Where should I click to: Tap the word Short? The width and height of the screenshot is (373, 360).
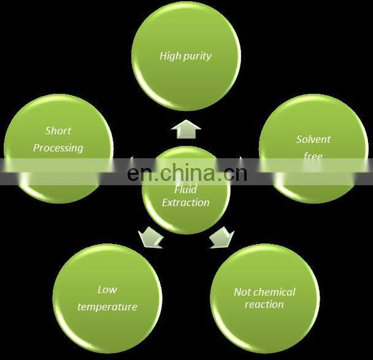(58, 131)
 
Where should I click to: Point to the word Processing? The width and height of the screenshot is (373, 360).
(58, 148)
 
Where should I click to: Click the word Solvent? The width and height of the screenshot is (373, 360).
(313, 139)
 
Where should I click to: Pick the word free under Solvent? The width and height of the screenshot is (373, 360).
(313, 156)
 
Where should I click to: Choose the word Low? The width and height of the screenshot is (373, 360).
(107, 289)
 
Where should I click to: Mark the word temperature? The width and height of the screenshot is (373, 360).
(107, 307)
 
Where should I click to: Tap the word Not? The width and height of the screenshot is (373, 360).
(242, 292)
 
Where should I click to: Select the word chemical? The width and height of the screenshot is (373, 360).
(274, 292)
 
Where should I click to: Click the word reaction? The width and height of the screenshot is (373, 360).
(264, 304)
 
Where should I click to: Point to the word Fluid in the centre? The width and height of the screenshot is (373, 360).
(185, 190)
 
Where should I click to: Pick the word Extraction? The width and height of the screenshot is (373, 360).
(185, 202)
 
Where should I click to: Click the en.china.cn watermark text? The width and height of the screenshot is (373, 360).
(186, 173)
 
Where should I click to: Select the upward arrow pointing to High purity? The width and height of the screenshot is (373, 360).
(186, 129)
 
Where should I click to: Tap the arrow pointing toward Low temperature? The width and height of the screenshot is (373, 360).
(150, 237)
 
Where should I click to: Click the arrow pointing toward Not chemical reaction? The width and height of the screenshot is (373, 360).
(221, 237)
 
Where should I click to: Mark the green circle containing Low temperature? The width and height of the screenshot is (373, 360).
(107, 297)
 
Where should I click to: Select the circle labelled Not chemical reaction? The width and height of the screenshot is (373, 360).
(264, 297)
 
